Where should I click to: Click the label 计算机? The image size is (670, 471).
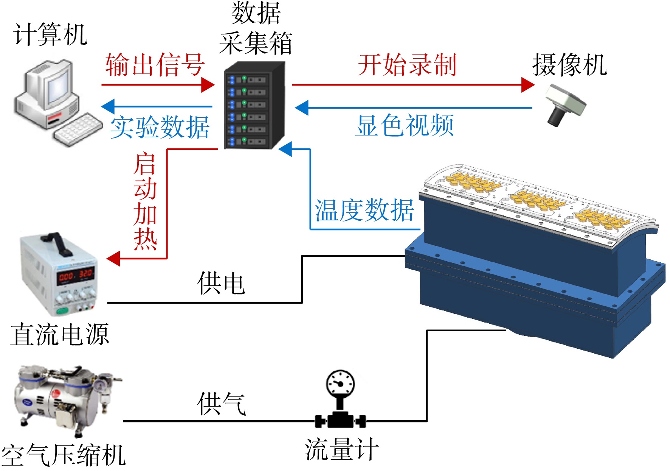point(50,34)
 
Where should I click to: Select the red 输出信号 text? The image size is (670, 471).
point(155,65)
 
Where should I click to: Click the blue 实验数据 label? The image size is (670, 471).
point(160,127)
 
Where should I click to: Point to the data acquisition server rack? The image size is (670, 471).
point(254,106)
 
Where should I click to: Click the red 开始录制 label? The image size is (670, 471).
point(407,65)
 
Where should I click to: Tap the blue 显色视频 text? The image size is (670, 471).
point(405,125)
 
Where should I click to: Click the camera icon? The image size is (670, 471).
point(565,105)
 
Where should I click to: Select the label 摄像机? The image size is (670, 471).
point(570,64)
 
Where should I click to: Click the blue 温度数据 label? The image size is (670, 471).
point(364,210)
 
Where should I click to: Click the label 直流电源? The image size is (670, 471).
point(60,334)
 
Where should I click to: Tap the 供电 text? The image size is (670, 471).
point(221,283)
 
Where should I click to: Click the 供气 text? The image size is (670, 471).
point(222,404)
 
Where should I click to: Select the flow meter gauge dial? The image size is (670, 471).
point(340,383)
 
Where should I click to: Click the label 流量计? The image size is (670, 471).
point(342,449)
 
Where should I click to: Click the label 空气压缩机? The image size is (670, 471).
point(63,455)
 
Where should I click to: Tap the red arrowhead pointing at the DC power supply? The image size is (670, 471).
point(113,259)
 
